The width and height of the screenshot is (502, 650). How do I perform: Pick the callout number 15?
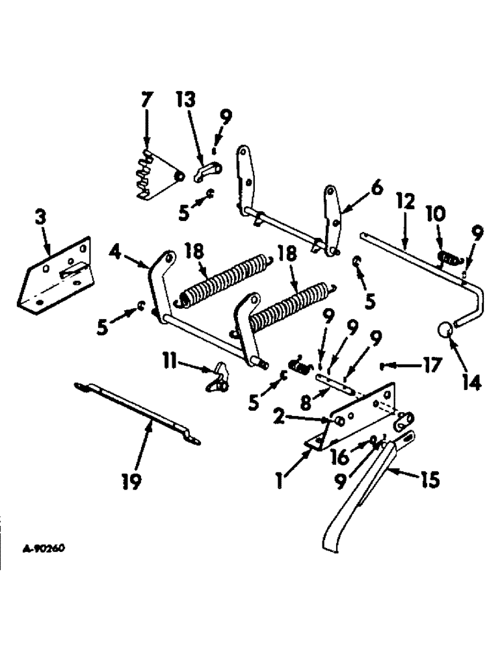coord(429,480)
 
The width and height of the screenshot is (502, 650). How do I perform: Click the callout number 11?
coord(171,359)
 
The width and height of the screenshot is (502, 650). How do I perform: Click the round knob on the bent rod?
coord(443,330)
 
